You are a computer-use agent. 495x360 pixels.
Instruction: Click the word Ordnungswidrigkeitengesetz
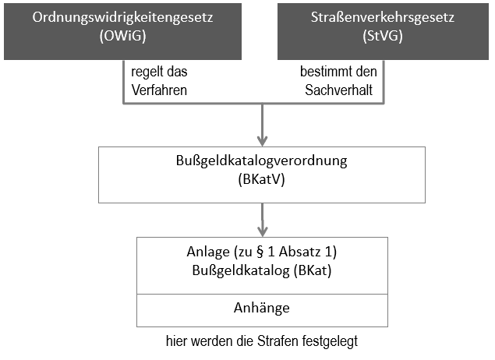tap(122, 18)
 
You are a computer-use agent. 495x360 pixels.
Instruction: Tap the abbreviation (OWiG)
tap(122, 36)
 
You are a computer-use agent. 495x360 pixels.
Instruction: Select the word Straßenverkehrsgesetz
tap(383, 17)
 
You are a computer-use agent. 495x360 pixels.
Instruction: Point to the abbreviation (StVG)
tap(383, 36)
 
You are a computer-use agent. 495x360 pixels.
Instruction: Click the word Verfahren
tap(159, 90)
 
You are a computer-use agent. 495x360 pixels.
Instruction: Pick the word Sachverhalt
tap(339, 90)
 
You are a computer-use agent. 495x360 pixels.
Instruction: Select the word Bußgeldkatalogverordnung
tap(262, 161)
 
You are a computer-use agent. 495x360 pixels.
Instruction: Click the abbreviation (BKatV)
tap(262, 179)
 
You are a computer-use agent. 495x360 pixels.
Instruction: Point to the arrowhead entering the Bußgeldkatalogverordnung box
tap(263, 141)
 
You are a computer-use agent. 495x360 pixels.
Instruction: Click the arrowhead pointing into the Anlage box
tap(263, 231)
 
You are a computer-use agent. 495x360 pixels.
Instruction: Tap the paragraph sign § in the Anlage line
tap(260, 252)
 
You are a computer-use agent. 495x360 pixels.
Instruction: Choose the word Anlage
tap(208, 252)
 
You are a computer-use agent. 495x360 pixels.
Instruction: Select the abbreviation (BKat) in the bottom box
tap(313, 270)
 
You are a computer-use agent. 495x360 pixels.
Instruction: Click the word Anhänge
tap(262, 308)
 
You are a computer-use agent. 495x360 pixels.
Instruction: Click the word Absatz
tap(299, 252)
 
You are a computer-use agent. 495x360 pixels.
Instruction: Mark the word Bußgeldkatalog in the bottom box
tap(241, 271)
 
